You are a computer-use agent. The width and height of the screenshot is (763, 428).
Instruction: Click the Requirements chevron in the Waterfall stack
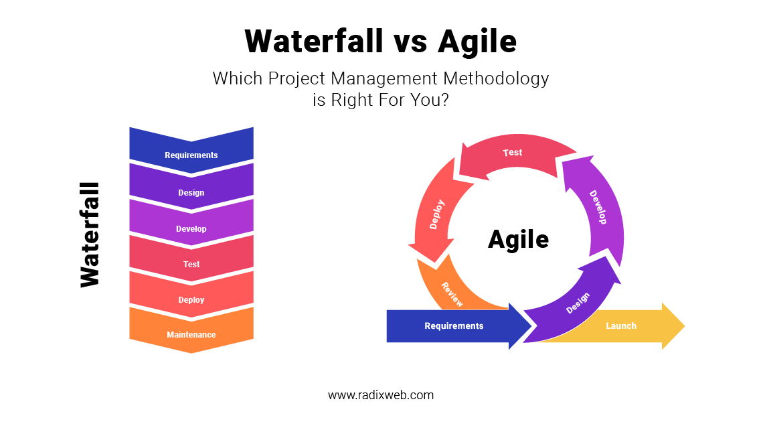(191, 155)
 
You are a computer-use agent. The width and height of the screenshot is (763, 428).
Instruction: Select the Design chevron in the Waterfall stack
(191, 192)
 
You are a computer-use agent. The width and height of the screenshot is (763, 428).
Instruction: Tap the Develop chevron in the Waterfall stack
(191, 228)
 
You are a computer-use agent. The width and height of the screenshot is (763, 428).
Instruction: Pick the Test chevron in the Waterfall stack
(191, 264)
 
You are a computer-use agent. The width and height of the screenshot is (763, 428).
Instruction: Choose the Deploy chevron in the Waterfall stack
(191, 299)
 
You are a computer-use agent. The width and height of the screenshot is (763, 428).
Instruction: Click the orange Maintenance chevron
(191, 334)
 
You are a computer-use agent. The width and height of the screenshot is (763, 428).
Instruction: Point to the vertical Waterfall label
(90, 234)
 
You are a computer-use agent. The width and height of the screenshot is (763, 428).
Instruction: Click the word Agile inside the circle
(518, 239)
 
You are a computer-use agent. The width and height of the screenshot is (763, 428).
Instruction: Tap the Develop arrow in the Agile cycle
(598, 207)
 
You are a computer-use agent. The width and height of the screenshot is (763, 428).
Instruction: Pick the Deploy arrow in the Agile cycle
(436, 215)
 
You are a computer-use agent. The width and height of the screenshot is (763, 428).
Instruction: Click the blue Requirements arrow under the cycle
(454, 326)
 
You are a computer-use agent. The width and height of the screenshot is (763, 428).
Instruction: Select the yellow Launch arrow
(621, 326)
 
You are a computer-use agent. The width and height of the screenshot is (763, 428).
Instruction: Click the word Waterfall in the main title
(313, 42)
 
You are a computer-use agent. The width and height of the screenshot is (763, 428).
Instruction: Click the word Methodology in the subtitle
(496, 78)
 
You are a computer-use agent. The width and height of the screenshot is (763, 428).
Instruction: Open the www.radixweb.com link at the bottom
(381, 395)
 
